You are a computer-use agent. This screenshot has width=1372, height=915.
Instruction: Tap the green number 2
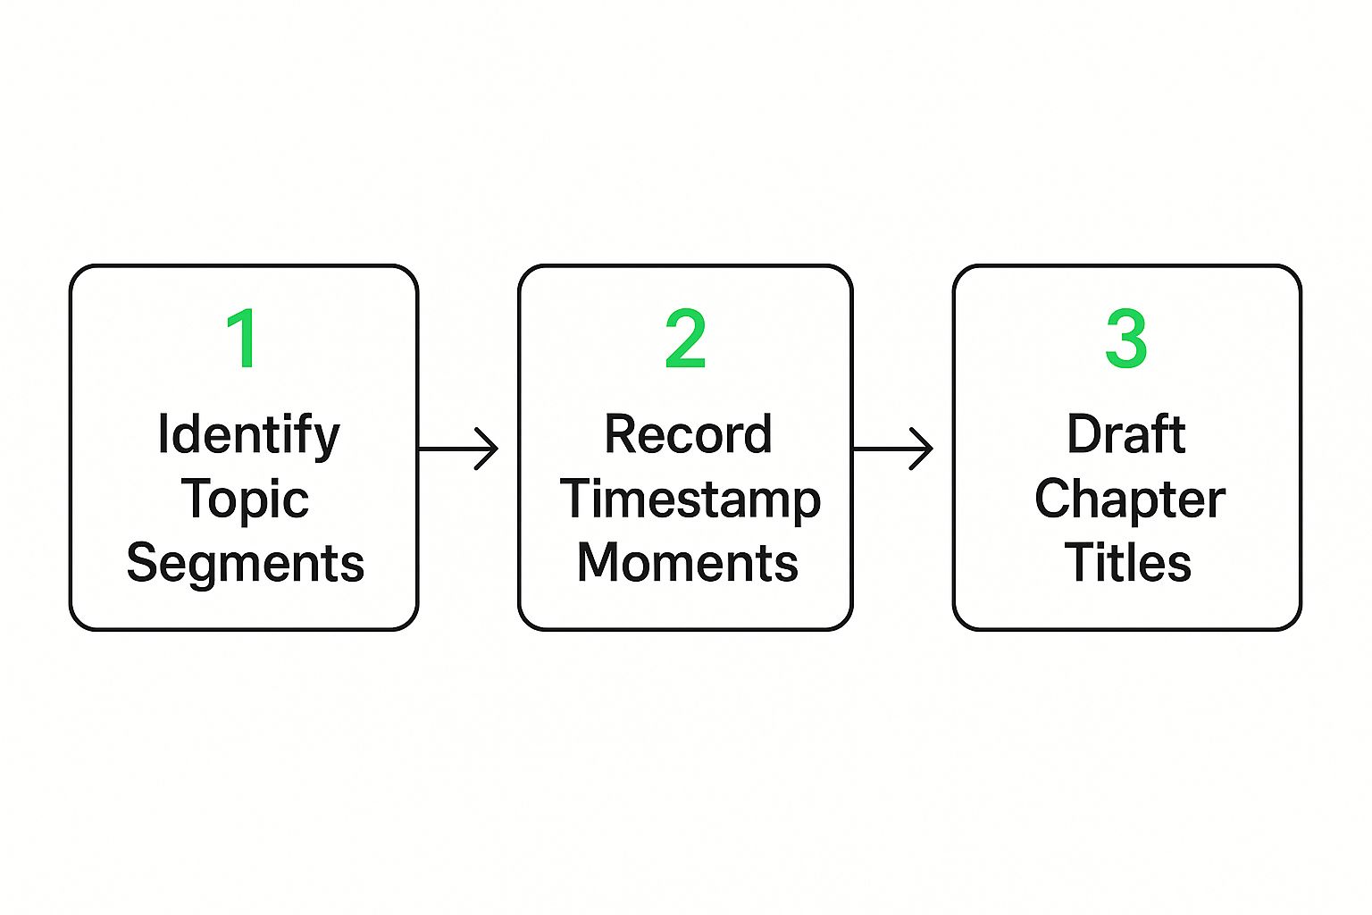pyautogui.click(x=685, y=339)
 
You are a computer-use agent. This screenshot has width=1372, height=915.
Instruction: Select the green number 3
pyautogui.click(x=1125, y=339)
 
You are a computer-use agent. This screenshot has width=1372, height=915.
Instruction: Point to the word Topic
pyautogui.click(x=245, y=500)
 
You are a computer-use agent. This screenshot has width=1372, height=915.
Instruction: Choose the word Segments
pyautogui.click(x=245, y=564)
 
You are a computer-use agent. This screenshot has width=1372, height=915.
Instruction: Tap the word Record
pyautogui.click(x=688, y=435)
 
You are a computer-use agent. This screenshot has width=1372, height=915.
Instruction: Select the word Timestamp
pyautogui.click(x=690, y=500)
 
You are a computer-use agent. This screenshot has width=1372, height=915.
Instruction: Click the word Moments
pyautogui.click(x=687, y=564)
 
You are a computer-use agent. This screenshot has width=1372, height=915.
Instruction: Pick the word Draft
pyautogui.click(x=1126, y=435)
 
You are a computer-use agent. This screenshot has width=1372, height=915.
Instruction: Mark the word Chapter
pyautogui.click(x=1129, y=500)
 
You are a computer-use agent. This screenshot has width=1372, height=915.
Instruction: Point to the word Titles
pyautogui.click(x=1127, y=564)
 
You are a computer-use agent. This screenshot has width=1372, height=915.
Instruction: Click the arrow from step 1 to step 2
pyautogui.click(x=458, y=449)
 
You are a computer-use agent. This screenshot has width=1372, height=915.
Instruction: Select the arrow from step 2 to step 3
pyautogui.click(x=893, y=449)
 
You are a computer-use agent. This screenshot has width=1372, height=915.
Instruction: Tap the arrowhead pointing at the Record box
pyautogui.click(x=488, y=449)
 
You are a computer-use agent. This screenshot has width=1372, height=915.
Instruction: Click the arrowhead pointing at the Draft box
pyautogui.click(x=923, y=449)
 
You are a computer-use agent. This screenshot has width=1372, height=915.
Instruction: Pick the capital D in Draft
pyautogui.click(x=1085, y=435)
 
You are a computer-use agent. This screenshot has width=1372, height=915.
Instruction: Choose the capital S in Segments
pyautogui.click(x=144, y=564)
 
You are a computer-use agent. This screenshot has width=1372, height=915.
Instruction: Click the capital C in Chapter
pyautogui.click(x=1054, y=499)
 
